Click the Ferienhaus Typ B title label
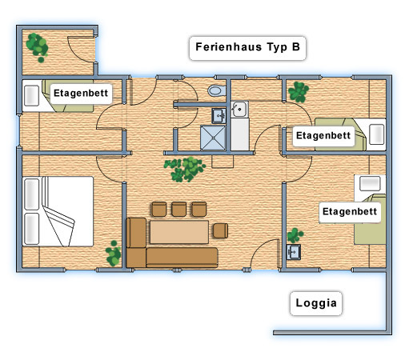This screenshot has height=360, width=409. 247,48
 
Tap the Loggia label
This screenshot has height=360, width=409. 316,303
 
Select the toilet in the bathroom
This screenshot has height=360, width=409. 216,90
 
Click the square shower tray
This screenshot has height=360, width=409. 213,138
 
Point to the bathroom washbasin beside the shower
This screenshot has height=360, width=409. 219,116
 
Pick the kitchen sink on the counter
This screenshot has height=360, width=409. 239,109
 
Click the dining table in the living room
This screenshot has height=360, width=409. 179,232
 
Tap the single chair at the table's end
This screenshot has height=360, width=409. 220,230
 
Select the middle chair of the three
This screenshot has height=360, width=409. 178,210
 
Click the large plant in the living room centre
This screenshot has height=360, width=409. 185,169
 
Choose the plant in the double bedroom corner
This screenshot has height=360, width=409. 114,254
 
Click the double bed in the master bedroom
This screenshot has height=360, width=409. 58,211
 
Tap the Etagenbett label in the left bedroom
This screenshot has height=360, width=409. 81,94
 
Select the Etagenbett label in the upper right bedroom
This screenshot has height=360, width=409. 323,136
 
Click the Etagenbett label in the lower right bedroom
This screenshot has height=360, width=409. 350,212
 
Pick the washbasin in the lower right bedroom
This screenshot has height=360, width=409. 294,252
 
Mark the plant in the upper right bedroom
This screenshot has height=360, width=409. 299,92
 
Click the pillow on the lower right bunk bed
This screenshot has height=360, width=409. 370,184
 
